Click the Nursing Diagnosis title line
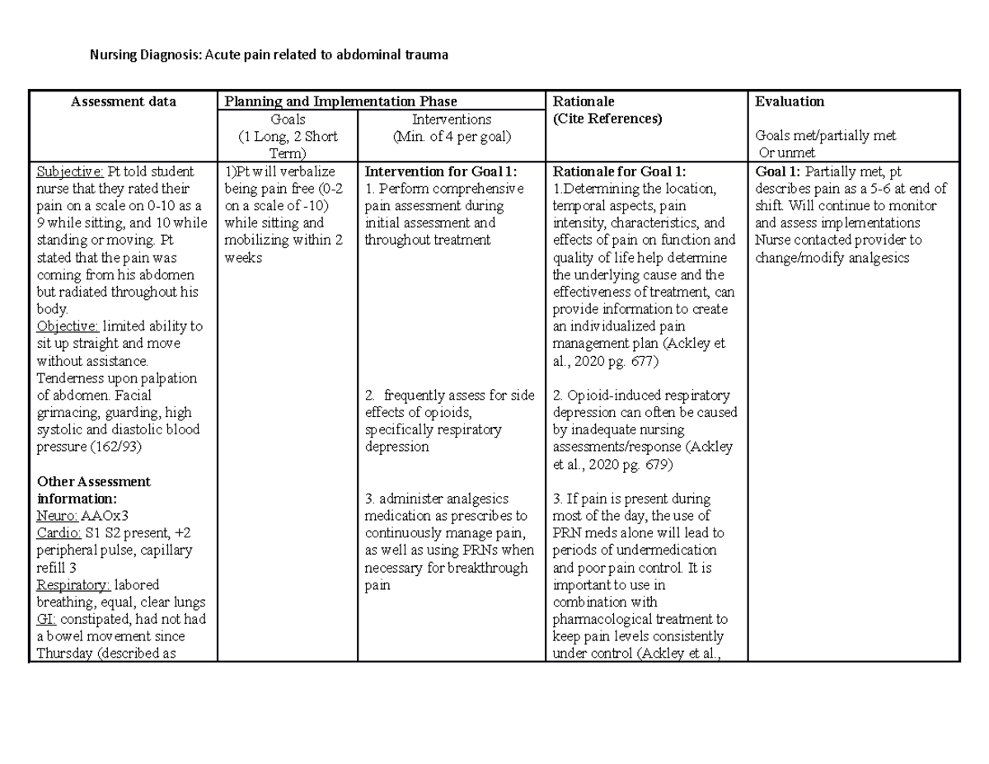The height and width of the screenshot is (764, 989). click(269, 56)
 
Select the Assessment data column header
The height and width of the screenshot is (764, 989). click(123, 102)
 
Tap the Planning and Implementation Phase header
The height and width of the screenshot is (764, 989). click(340, 102)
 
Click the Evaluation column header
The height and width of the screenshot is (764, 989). click(790, 102)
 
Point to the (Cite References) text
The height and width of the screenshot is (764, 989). click(607, 119)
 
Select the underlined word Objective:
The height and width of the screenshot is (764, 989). click(67, 326)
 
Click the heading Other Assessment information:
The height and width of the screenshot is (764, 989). click(94, 490)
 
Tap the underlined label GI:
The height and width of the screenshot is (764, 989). click(46, 619)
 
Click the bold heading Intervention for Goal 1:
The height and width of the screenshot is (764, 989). click(441, 171)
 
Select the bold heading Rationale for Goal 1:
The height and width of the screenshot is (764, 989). click(619, 171)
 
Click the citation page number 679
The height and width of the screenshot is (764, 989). click(662, 465)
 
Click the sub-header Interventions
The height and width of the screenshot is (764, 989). click(452, 120)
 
